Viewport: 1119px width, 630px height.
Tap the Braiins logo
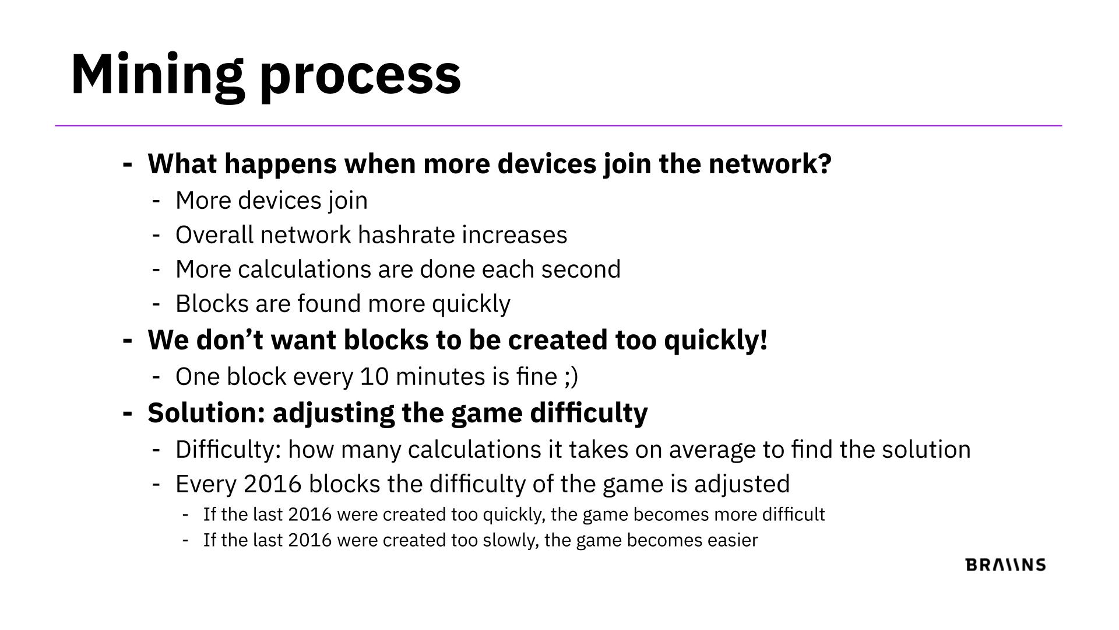click(x=1005, y=565)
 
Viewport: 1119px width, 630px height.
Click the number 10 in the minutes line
click(x=374, y=377)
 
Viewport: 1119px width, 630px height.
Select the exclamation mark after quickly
click(x=763, y=340)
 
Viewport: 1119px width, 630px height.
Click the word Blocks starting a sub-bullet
click(x=212, y=304)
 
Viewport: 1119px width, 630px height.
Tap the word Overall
click(x=214, y=235)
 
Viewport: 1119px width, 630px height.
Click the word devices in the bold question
click(x=547, y=163)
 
